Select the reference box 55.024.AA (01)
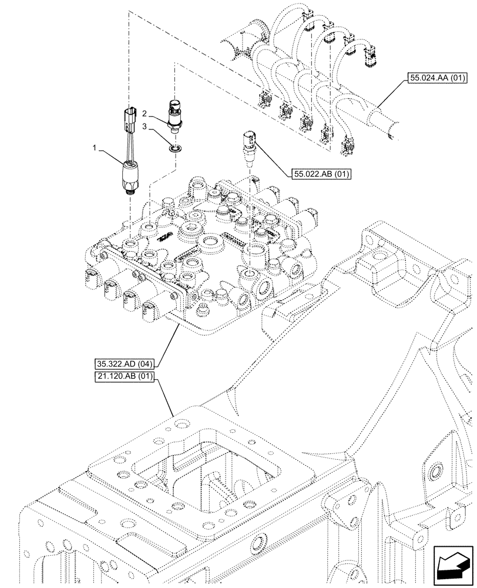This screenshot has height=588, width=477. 434,77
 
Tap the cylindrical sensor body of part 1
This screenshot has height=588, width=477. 130,175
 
